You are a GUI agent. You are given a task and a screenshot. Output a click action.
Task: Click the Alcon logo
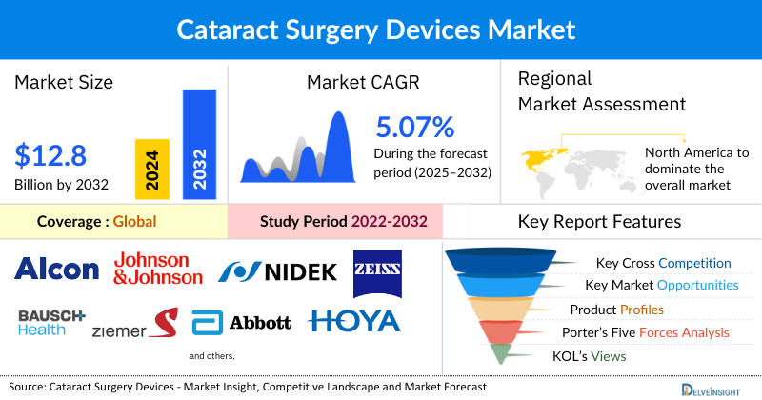tap(57, 269)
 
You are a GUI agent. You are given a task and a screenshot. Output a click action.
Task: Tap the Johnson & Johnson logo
tap(158, 268)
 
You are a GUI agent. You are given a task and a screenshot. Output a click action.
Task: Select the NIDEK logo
tap(277, 273)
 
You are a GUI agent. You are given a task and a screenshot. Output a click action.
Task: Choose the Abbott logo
tap(242, 323)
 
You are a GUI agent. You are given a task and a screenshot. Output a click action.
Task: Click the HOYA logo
tap(353, 322)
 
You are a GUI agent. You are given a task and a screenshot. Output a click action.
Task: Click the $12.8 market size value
tap(51, 155)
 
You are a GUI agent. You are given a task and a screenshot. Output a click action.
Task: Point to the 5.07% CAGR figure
tap(414, 127)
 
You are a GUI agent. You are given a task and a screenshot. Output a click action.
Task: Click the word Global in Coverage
tap(134, 222)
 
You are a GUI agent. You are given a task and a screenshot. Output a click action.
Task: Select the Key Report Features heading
tap(599, 222)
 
